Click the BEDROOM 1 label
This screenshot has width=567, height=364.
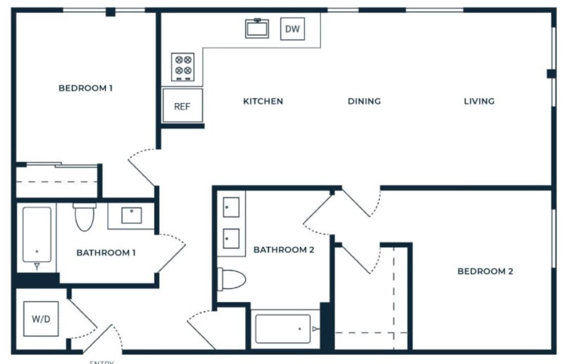pyautogui.click(x=86, y=88)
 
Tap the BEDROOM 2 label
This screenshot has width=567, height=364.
pyautogui.click(x=485, y=271)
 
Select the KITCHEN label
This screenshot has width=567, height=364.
pyautogui.click(x=263, y=101)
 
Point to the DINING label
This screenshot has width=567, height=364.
pyautogui.click(x=364, y=101)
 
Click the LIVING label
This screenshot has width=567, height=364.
pyautogui.click(x=479, y=101)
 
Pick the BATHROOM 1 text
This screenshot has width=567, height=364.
pyautogui.click(x=106, y=253)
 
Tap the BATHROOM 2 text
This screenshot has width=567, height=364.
pyautogui.click(x=284, y=250)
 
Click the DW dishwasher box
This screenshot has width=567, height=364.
pyautogui.click(x=292, y=29)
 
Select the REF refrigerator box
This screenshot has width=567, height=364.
pyautogui.click(x=182, y=106)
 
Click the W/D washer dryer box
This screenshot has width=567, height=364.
pyautogui.click(x=41, y=319)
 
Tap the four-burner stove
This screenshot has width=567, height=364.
pyautogui.click(x=183, y=67)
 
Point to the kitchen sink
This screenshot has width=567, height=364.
pyautogui.click(x=257, y=28)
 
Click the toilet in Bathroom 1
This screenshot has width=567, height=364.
pyautogui.click(x=84, y=217)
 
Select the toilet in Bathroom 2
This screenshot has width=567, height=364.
pyautogui.click(x=232, y=279)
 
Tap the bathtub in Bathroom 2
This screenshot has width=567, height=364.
pyautogui.click(x=283, y=329)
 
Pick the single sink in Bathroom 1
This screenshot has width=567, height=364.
pyautogui.click(x=131, y=215)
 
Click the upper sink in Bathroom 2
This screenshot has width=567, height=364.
pyautogui.click(x=231, y=207)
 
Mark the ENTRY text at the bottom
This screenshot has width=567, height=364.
pyautogui.click(x=101, y=362)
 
